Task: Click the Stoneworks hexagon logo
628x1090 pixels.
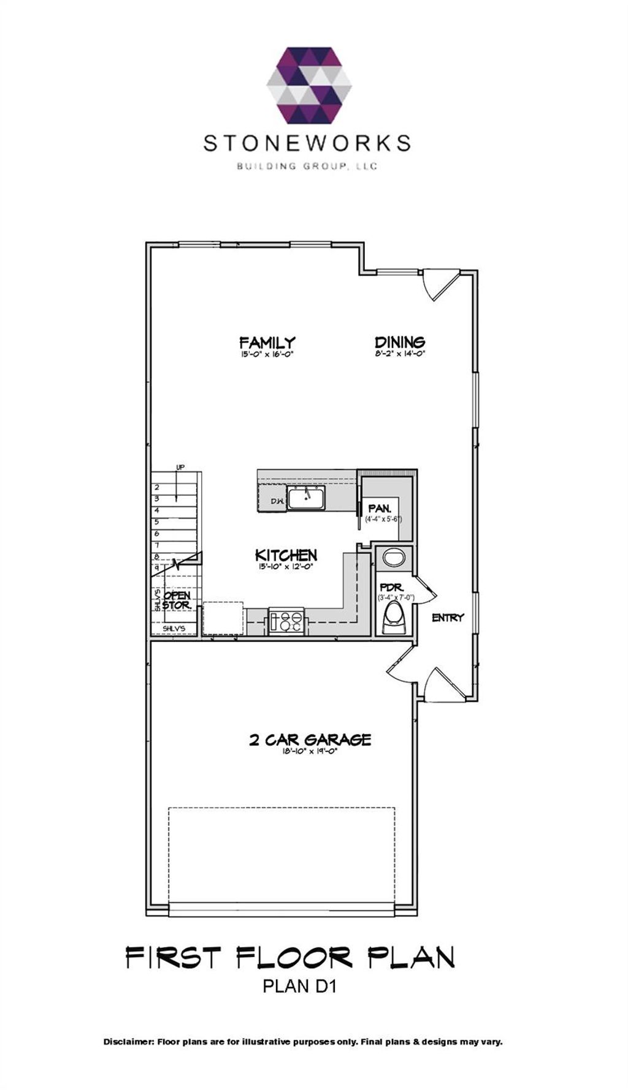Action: [x=309, y=85]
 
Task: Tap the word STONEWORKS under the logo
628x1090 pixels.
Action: [x=307, y=143]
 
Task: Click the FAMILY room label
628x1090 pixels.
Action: [x=267, y=342]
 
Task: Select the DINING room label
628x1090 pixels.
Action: [x=400, y=342]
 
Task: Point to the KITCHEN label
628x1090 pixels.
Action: [x=286, y=555]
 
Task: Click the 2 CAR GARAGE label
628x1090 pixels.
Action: [x=310, y=740]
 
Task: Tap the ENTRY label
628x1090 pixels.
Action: [x=448, y=618]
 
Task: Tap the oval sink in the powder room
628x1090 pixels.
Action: [x=393, y=558]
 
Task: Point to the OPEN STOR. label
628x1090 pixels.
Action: [x=177, y=600]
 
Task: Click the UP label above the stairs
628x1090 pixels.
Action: [x=180, y=467]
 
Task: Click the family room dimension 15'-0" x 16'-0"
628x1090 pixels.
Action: [x=267, y=354]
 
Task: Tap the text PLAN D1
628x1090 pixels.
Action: [x=300, y=986]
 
